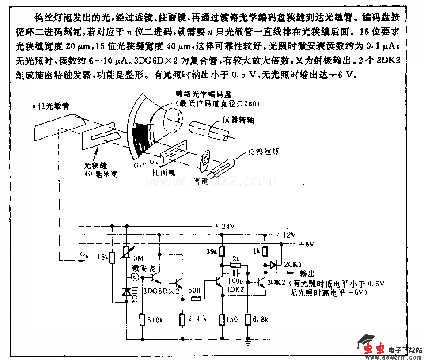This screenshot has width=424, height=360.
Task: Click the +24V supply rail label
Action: pos(224,226)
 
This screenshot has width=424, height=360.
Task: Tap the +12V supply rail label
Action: pos(286,234)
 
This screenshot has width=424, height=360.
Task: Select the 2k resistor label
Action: pos(236,258)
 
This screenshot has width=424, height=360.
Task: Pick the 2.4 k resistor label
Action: pos(198,318)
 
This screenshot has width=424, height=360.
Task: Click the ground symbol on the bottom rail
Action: pos(249,341)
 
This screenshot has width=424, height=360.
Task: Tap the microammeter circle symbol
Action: pos(134,277)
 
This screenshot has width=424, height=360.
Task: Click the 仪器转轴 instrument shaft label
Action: pos(238,120)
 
